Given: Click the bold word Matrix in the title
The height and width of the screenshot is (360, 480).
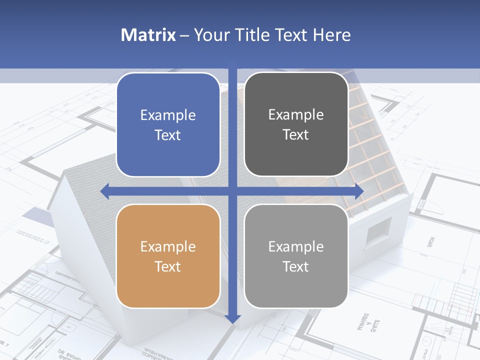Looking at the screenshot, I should tap(148, 35).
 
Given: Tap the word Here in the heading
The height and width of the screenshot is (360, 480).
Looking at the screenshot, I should tap(332, 35).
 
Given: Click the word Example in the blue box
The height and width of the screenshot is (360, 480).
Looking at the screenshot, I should tap(168, 115).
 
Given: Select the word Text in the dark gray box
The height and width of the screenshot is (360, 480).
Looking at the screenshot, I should tap(296, 135).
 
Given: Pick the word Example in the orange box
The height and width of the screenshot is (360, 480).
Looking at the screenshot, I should tap(168, 246).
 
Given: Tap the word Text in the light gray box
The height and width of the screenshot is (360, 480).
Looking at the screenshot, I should tap(296, 266).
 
